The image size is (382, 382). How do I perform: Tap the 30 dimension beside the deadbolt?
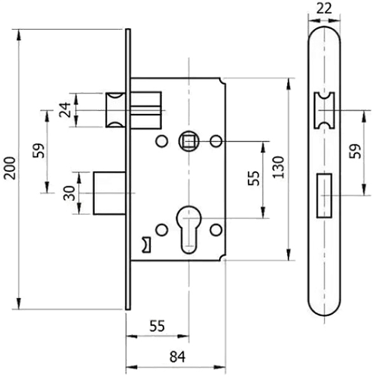click(70, 193)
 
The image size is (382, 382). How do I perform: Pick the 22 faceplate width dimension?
click(324, 8)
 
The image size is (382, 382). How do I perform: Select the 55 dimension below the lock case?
click(156, 326)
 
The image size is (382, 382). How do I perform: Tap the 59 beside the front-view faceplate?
click(355, 152)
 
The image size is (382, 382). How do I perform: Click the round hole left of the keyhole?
click(160, 228)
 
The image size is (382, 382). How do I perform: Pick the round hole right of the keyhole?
click(217, 228)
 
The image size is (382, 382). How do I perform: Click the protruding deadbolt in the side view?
click(109, 193)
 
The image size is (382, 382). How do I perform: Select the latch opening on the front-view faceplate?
click(324, 110)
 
